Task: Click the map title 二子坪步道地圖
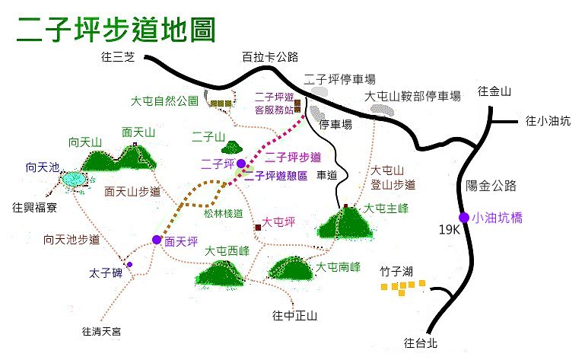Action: (116, 29)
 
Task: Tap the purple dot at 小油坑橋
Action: (464, 218)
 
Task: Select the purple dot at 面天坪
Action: (157, 240)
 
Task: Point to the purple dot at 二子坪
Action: (241, 164)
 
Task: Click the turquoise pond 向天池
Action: (74, 180)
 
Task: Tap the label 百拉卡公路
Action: (270, 57)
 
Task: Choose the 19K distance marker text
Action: (449, 229)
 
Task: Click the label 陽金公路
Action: (491, 186)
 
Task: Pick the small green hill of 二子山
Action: (232, 148)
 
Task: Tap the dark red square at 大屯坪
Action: (258, 228)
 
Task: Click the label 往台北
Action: (421, 342)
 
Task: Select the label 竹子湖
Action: (396, 272)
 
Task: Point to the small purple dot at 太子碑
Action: (129, 264)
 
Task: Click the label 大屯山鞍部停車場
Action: (412, 97)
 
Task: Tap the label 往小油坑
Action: (548, 120)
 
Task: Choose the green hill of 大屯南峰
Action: (291, 269)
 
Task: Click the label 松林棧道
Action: (224, 214)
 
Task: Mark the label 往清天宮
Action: (101, 331)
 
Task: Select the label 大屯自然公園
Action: (164, 100)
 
